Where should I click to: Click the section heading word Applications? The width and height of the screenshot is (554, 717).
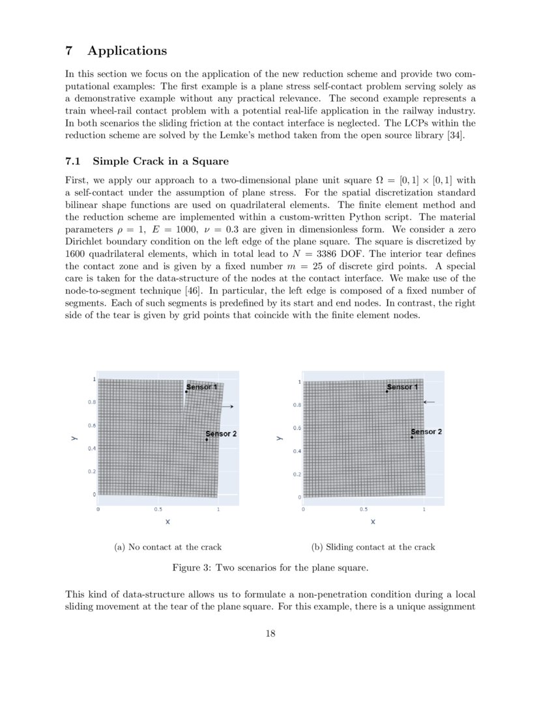pos(127,51)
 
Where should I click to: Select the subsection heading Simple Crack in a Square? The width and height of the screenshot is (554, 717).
pos(160,161)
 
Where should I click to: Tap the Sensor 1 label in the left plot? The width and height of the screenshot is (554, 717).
pos(202,387)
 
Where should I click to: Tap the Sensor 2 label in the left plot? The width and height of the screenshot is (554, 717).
pos(221,433)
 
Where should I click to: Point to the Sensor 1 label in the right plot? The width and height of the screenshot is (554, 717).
pos(402,387)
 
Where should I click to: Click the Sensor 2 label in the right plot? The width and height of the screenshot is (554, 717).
pos(427,432)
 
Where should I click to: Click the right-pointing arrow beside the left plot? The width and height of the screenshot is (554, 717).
pos(227,407)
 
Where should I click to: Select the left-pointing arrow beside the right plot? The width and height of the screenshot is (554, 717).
pos(429,402)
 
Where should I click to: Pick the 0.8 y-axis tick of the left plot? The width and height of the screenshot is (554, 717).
pos(91,402)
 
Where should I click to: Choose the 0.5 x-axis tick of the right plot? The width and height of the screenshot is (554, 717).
pos(363,509)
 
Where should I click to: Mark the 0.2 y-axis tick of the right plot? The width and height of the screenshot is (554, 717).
pos(297,475)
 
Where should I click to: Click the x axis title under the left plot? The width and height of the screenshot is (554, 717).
pos(168,521)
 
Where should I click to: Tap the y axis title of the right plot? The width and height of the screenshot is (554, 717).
pos(279,439)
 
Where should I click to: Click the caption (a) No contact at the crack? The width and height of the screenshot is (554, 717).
pos(168,547)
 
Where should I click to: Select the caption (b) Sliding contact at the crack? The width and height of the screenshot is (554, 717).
pos(373,547)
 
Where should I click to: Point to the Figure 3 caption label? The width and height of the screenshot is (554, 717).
pos(192,568)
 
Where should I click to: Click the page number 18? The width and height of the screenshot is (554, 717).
pos(270,634)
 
